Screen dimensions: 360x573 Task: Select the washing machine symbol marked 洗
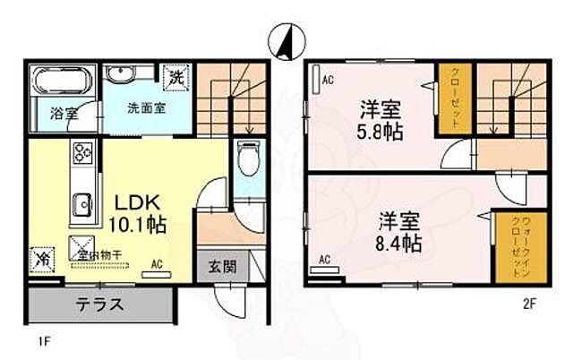point(178,77)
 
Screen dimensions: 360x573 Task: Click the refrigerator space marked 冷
point(42,257)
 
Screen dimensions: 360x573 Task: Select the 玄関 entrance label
point(223,266)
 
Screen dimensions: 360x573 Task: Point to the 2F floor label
point(530,304)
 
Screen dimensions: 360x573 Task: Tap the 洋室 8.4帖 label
point(398,229)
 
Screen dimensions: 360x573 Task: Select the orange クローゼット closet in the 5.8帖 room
point(453,99)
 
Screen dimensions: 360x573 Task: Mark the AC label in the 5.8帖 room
point(327,80)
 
